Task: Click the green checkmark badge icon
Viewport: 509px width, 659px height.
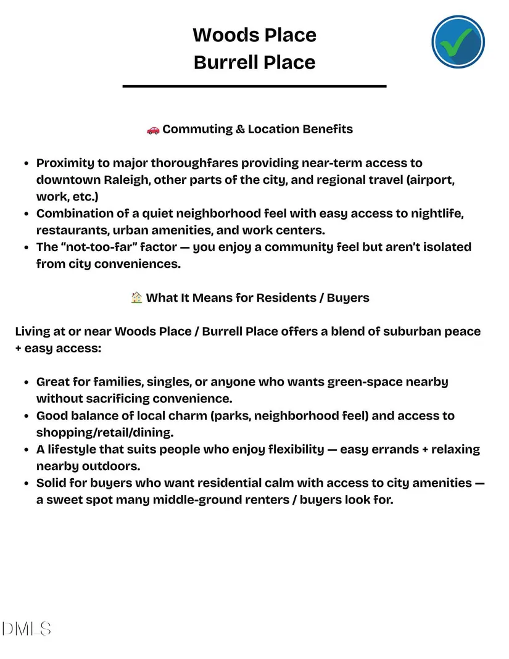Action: point(458,42)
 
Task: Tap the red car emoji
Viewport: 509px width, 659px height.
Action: point(153,130)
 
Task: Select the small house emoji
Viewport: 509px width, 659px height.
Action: point(137,298)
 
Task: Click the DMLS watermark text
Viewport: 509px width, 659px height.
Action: point(26,629)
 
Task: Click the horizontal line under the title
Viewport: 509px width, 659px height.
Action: point(254,86)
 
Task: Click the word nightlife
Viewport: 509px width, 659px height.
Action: point(433,213)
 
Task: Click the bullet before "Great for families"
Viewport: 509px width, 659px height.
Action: point(27,383)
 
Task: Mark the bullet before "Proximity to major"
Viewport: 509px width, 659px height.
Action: point(27,164)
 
